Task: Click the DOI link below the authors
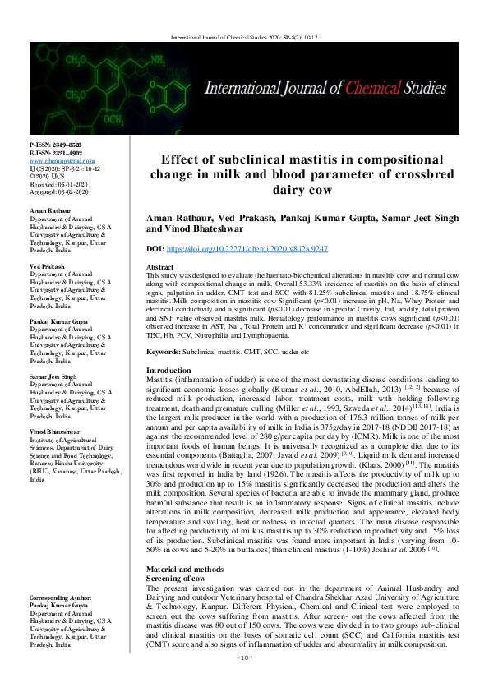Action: (251, 247)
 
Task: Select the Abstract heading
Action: (159, 269)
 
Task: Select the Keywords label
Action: (163, 351)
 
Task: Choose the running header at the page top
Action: (244, 38)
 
